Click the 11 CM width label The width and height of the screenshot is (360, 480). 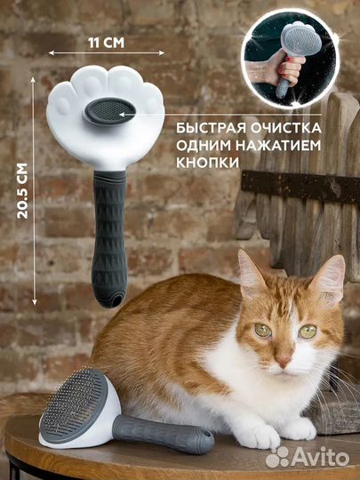(107, 43)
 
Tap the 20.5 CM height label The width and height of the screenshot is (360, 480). (22, 191)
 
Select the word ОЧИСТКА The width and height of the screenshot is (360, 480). (285, 128)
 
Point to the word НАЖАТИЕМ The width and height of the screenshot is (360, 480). (278, 145)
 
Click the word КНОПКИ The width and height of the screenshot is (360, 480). (207, 163)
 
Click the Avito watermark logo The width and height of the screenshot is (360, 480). (308, 458)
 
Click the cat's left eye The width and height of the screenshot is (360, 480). (308, 332)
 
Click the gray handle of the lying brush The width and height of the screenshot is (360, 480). (163, 434)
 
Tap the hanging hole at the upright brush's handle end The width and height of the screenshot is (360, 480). (116, 300)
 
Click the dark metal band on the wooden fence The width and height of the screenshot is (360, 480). (300, 186)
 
